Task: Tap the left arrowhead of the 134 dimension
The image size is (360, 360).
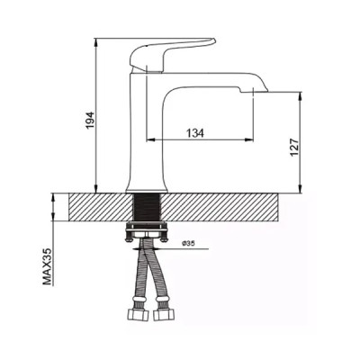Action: [x=149, y=140]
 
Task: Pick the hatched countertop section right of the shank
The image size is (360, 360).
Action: [x=225, y=208]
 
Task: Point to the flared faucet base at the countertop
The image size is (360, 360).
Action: [x=148, y=184]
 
